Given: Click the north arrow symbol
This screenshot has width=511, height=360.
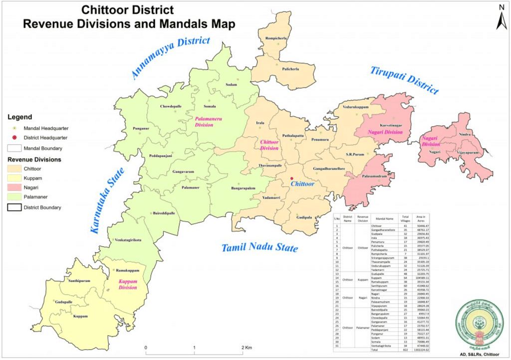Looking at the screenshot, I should tap(501, 17).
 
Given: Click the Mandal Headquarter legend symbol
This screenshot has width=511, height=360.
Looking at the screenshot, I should tap(14, 128).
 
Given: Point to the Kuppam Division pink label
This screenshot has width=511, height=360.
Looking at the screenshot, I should tap(127, 285).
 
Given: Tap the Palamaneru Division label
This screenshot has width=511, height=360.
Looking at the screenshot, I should tap(204, 121).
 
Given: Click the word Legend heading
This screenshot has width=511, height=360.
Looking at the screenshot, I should tap(20, 117).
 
